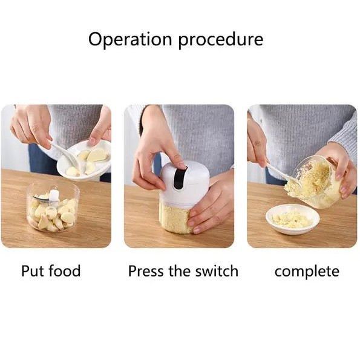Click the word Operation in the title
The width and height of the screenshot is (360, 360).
click(x=130, y=39)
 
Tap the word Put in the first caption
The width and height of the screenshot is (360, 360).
click(x=31, y=271)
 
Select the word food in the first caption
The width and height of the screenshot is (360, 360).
click(x=65, y=270)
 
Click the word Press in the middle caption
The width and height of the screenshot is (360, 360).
click(x=146, y=271)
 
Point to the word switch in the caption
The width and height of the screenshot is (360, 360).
click(x=217, y=271)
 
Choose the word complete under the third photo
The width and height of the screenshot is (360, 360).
click(x=307, y=272)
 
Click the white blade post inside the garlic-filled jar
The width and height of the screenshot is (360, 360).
click(x=54, y=195)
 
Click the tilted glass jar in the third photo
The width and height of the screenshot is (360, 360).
click(x=319, y=182)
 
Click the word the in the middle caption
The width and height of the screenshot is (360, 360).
click(x=180, y=271)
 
